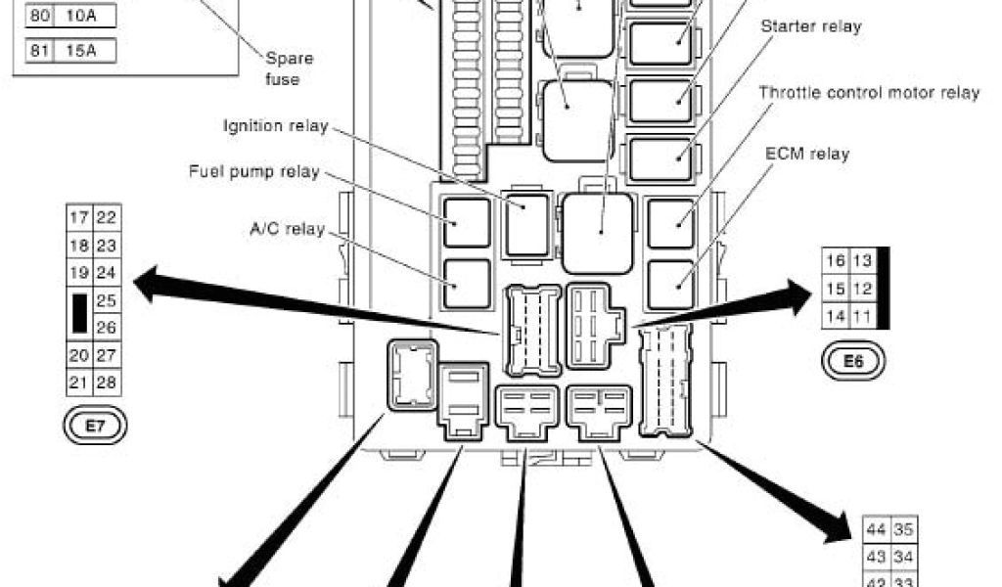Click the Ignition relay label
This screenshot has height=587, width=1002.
point(275,126)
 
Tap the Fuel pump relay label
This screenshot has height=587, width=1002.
point(253,172)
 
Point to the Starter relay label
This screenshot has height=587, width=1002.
point(811,26)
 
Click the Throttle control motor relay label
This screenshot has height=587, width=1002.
point(869,93)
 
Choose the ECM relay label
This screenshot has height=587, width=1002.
point(807,154)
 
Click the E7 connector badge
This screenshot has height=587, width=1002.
point(95,427)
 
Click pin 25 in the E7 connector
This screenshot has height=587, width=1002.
point(108,300)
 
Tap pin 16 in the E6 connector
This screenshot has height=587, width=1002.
point(836,260)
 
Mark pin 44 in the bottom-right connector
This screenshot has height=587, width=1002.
point(877,530)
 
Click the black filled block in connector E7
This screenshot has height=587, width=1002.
point(79,313)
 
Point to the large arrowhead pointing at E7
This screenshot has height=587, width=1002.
point(149,287)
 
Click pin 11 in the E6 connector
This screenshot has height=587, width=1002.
point(862,316)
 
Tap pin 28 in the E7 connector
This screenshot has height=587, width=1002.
point(108,382)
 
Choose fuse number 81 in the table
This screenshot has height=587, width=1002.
point(39,51)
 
